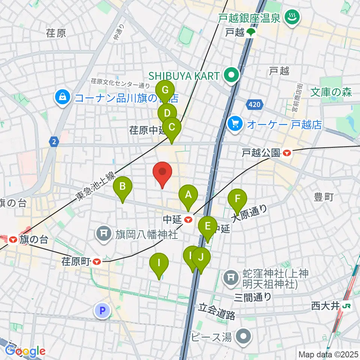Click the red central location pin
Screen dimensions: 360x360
click(x=163, y=172)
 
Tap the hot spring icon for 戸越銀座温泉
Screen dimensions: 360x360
click(x=290, y=17)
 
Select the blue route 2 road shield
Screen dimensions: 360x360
click(x=54, y=142)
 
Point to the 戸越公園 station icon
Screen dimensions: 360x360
click(x=287, y=153)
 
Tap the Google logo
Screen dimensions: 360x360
click(x=25, y=351)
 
